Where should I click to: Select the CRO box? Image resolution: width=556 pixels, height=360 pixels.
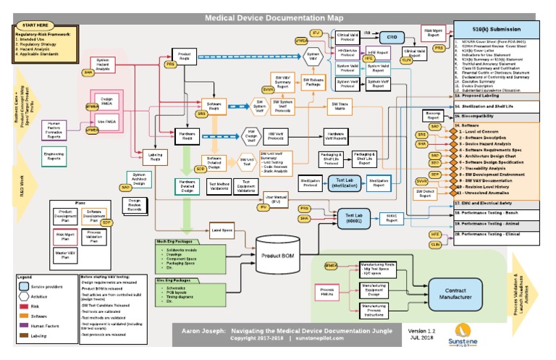pos(390,36)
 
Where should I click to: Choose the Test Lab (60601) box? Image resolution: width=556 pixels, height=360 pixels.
pos(354,215)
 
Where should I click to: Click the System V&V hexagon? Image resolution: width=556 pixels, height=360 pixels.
pos(313,56)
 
